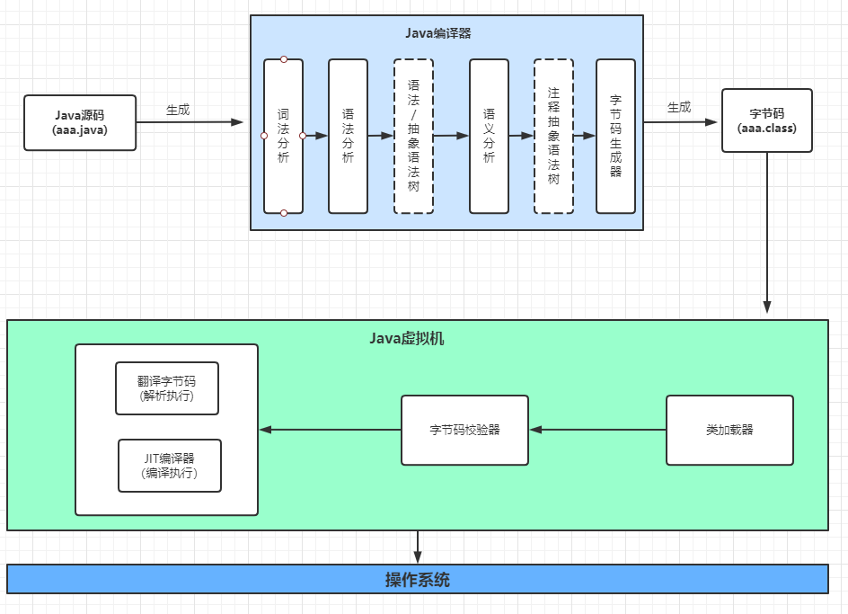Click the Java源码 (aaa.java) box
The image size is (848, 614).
click(80, 123)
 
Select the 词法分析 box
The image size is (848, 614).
click(283, 137)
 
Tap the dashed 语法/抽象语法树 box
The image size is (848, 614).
click(414, 137)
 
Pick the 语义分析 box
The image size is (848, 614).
click(489, 137)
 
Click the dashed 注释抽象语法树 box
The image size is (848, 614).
click(553, 137)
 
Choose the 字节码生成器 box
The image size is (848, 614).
click(615, 137)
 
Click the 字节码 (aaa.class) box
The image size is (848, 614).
click(767, 120)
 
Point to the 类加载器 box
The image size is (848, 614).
click(729, 430)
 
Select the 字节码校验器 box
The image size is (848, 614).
click(464, 430)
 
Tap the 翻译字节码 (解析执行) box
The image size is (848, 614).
click(167, 388)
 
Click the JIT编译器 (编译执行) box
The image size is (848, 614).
click(170, 466)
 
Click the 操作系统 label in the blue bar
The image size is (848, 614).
click(418, 580)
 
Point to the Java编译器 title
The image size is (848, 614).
click(438, 33)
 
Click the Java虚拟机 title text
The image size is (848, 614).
click(407, 338)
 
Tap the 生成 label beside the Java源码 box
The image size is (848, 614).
click(178, 110)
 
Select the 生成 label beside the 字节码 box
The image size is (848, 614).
click(679, 107)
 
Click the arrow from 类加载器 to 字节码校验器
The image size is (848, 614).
click(597, 430)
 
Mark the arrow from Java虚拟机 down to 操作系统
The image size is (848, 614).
click(418, 547)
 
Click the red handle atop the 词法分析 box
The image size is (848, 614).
click(284, 59)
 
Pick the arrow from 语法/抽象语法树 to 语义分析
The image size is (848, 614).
click(451, 136)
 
